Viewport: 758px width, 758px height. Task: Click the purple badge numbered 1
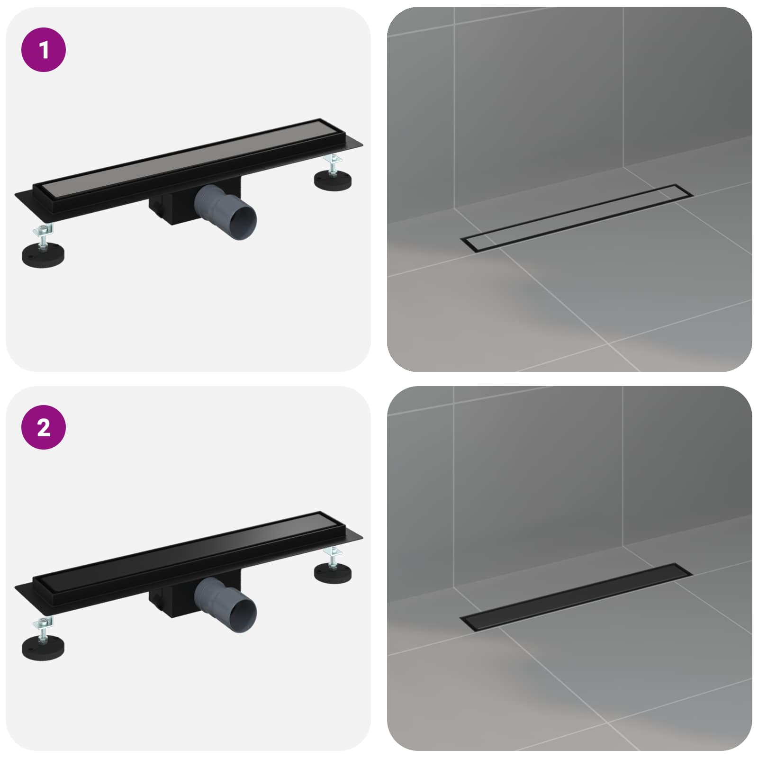[44, 50]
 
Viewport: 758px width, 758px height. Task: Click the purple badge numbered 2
[44, 427]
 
